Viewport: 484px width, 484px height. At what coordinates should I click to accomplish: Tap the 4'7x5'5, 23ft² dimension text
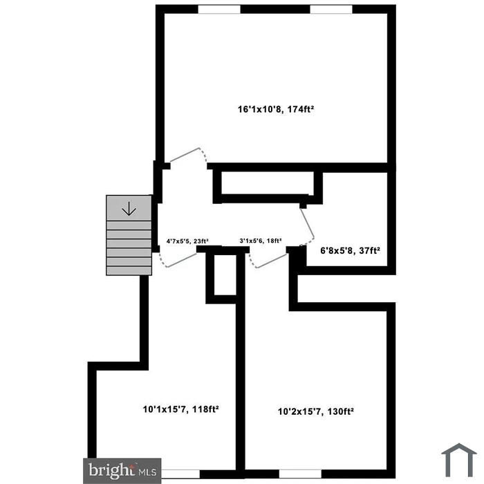tap(187, 241)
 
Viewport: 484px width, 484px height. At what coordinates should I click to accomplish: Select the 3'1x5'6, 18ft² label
tap(261, 241)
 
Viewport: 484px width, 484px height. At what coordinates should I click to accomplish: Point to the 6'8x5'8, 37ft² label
tap(350, 251)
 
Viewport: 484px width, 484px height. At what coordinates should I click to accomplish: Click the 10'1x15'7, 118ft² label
tap(180, 409)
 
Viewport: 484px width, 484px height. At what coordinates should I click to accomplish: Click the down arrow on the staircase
tap(129, 207)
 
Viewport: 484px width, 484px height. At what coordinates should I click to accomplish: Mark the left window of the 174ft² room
tap(219, 9)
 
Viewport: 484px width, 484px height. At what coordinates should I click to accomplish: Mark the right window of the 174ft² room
tap(331, 9)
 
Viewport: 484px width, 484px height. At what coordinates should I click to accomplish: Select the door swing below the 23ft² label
tap(178, 259)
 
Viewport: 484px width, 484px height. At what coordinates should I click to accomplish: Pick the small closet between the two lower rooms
tap(223, 275)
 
